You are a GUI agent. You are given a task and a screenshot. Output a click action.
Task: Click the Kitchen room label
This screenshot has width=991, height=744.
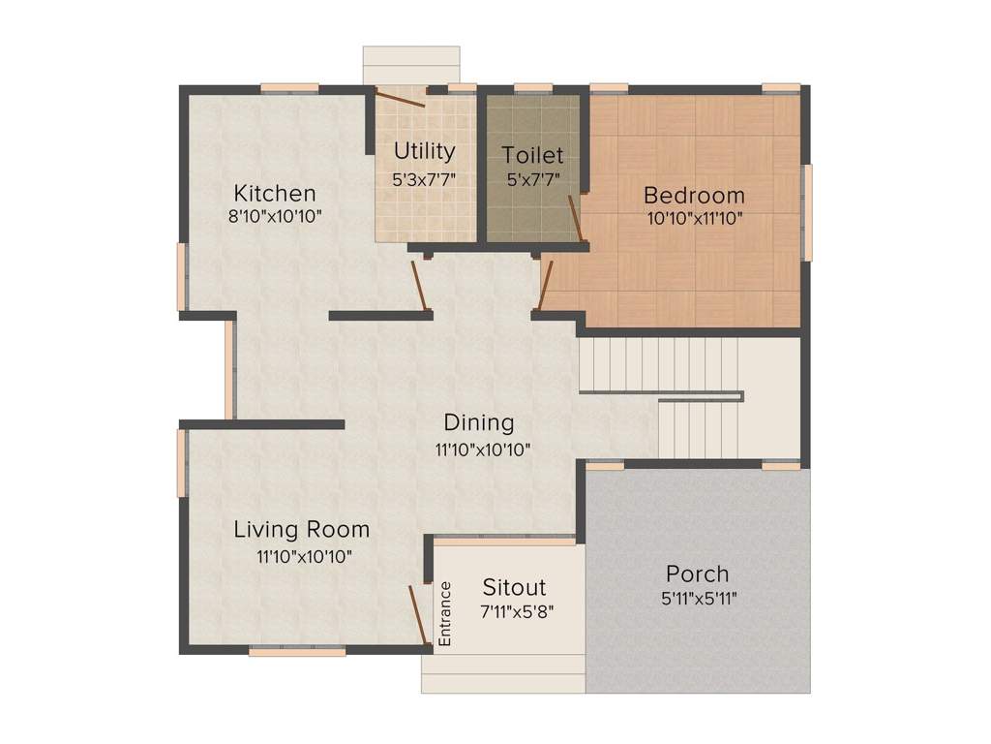coord(275,193)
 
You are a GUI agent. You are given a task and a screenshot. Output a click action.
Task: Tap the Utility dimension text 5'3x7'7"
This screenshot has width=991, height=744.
coord(424,179)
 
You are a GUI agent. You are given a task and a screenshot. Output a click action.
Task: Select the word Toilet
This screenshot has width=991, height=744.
coord(533,155)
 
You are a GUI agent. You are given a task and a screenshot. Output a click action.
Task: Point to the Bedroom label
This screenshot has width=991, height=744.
coord(694,195)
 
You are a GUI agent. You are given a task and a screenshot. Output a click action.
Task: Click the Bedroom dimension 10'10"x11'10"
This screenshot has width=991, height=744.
coord(695,219)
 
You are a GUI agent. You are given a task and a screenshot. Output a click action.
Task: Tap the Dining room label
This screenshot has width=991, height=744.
coord(479,422)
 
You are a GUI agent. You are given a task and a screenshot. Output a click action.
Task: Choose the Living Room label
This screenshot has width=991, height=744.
coord(302,530)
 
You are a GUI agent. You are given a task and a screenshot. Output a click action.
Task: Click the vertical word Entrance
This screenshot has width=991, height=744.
coord(445,613)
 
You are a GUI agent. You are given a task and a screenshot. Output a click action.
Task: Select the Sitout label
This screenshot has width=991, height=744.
coord(514,587)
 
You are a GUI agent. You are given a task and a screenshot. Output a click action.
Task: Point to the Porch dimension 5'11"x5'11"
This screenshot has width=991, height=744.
coord(699,598)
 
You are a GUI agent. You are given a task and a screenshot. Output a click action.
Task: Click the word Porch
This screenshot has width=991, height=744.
coord(698,573)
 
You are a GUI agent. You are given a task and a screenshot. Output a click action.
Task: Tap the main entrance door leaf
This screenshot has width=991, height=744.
coord(418,615)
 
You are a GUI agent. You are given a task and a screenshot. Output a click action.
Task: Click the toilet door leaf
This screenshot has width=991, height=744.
coord(575,218)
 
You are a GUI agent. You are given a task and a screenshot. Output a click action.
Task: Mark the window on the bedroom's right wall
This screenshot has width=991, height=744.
coord(807,212)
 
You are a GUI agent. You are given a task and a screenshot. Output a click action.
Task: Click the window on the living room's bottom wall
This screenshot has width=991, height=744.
coord(297,651)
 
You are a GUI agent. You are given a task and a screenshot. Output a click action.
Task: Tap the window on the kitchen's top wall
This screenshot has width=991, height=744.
coord(289,88)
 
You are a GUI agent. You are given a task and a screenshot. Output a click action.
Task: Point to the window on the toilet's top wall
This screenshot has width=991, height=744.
coord(533,88)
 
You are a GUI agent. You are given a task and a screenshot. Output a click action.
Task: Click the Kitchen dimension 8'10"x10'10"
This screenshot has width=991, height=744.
coord(275,216)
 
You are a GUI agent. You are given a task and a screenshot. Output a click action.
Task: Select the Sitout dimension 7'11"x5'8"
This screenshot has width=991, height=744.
coord(517,612)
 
